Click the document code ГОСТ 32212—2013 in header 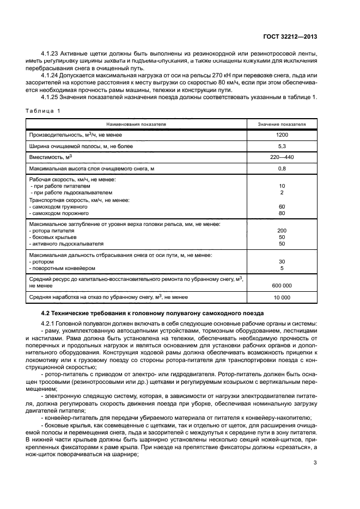[290, 37]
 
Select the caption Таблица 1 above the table [42, 111]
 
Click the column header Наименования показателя [136, 124]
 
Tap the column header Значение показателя [282, 124]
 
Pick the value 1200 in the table [282, 134]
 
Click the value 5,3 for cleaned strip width [282, 146]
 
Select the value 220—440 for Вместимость [282, 157]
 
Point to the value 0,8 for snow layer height [282, 169]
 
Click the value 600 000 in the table [282, 285]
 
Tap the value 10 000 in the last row [282, 297]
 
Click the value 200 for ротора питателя [282, 231]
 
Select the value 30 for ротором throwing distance [282, 261]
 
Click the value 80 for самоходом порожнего [282, 213]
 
